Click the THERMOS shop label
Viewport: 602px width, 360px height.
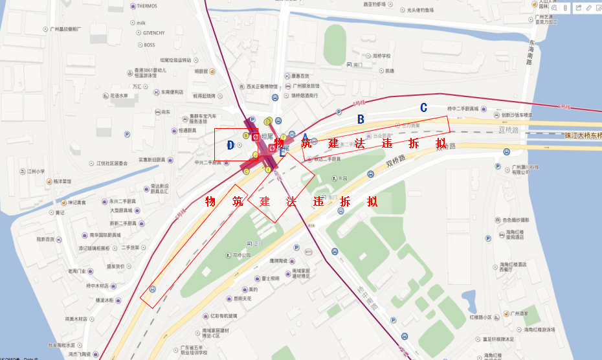(x=147, y=6)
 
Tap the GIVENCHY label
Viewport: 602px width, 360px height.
(x=154, y=33)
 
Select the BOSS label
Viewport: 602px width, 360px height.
(x=149, y=45)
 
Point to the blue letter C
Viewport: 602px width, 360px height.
(x=423, y=107)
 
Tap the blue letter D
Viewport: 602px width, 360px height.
(x=230, y=145)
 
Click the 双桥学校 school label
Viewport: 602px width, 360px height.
(x=381, y=56)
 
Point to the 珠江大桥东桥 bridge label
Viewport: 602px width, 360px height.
(x=583, y=135)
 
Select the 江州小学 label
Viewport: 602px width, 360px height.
(x=36, y=172)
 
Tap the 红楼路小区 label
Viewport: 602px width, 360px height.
(x=480, y=317)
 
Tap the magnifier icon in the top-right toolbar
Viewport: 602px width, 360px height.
(x=554, y=8)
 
